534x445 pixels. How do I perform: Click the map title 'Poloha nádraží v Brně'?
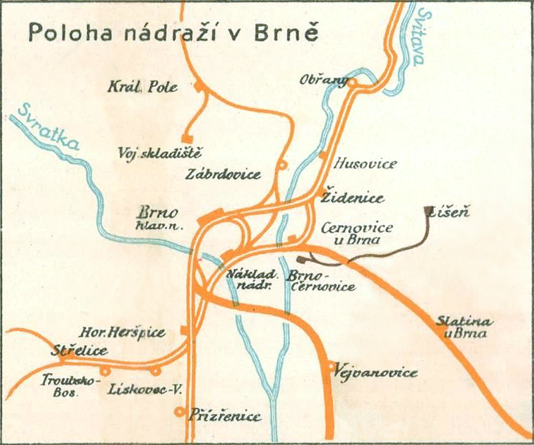173,32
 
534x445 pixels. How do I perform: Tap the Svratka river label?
48,127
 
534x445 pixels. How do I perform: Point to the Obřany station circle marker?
352,83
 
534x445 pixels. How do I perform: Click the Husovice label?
365,164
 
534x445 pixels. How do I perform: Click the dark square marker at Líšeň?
428,210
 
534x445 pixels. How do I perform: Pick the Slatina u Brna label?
463,327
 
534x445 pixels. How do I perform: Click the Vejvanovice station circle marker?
332,366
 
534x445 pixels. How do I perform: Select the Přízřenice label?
224,416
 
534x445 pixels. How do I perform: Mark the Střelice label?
79,351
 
